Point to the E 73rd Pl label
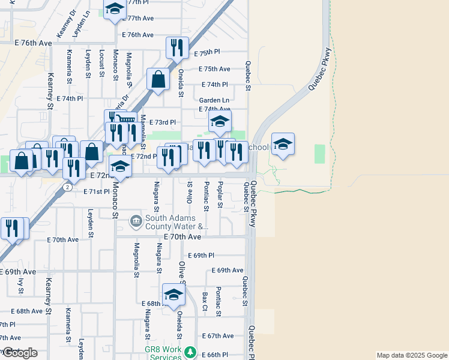coord(162,122)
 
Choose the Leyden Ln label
coord(86,22)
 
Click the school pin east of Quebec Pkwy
coord(283,143)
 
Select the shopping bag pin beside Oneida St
coord(158,79)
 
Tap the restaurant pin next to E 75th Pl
coord(177,47)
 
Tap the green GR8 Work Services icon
coord(190,351)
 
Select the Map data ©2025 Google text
coord(411,355)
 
